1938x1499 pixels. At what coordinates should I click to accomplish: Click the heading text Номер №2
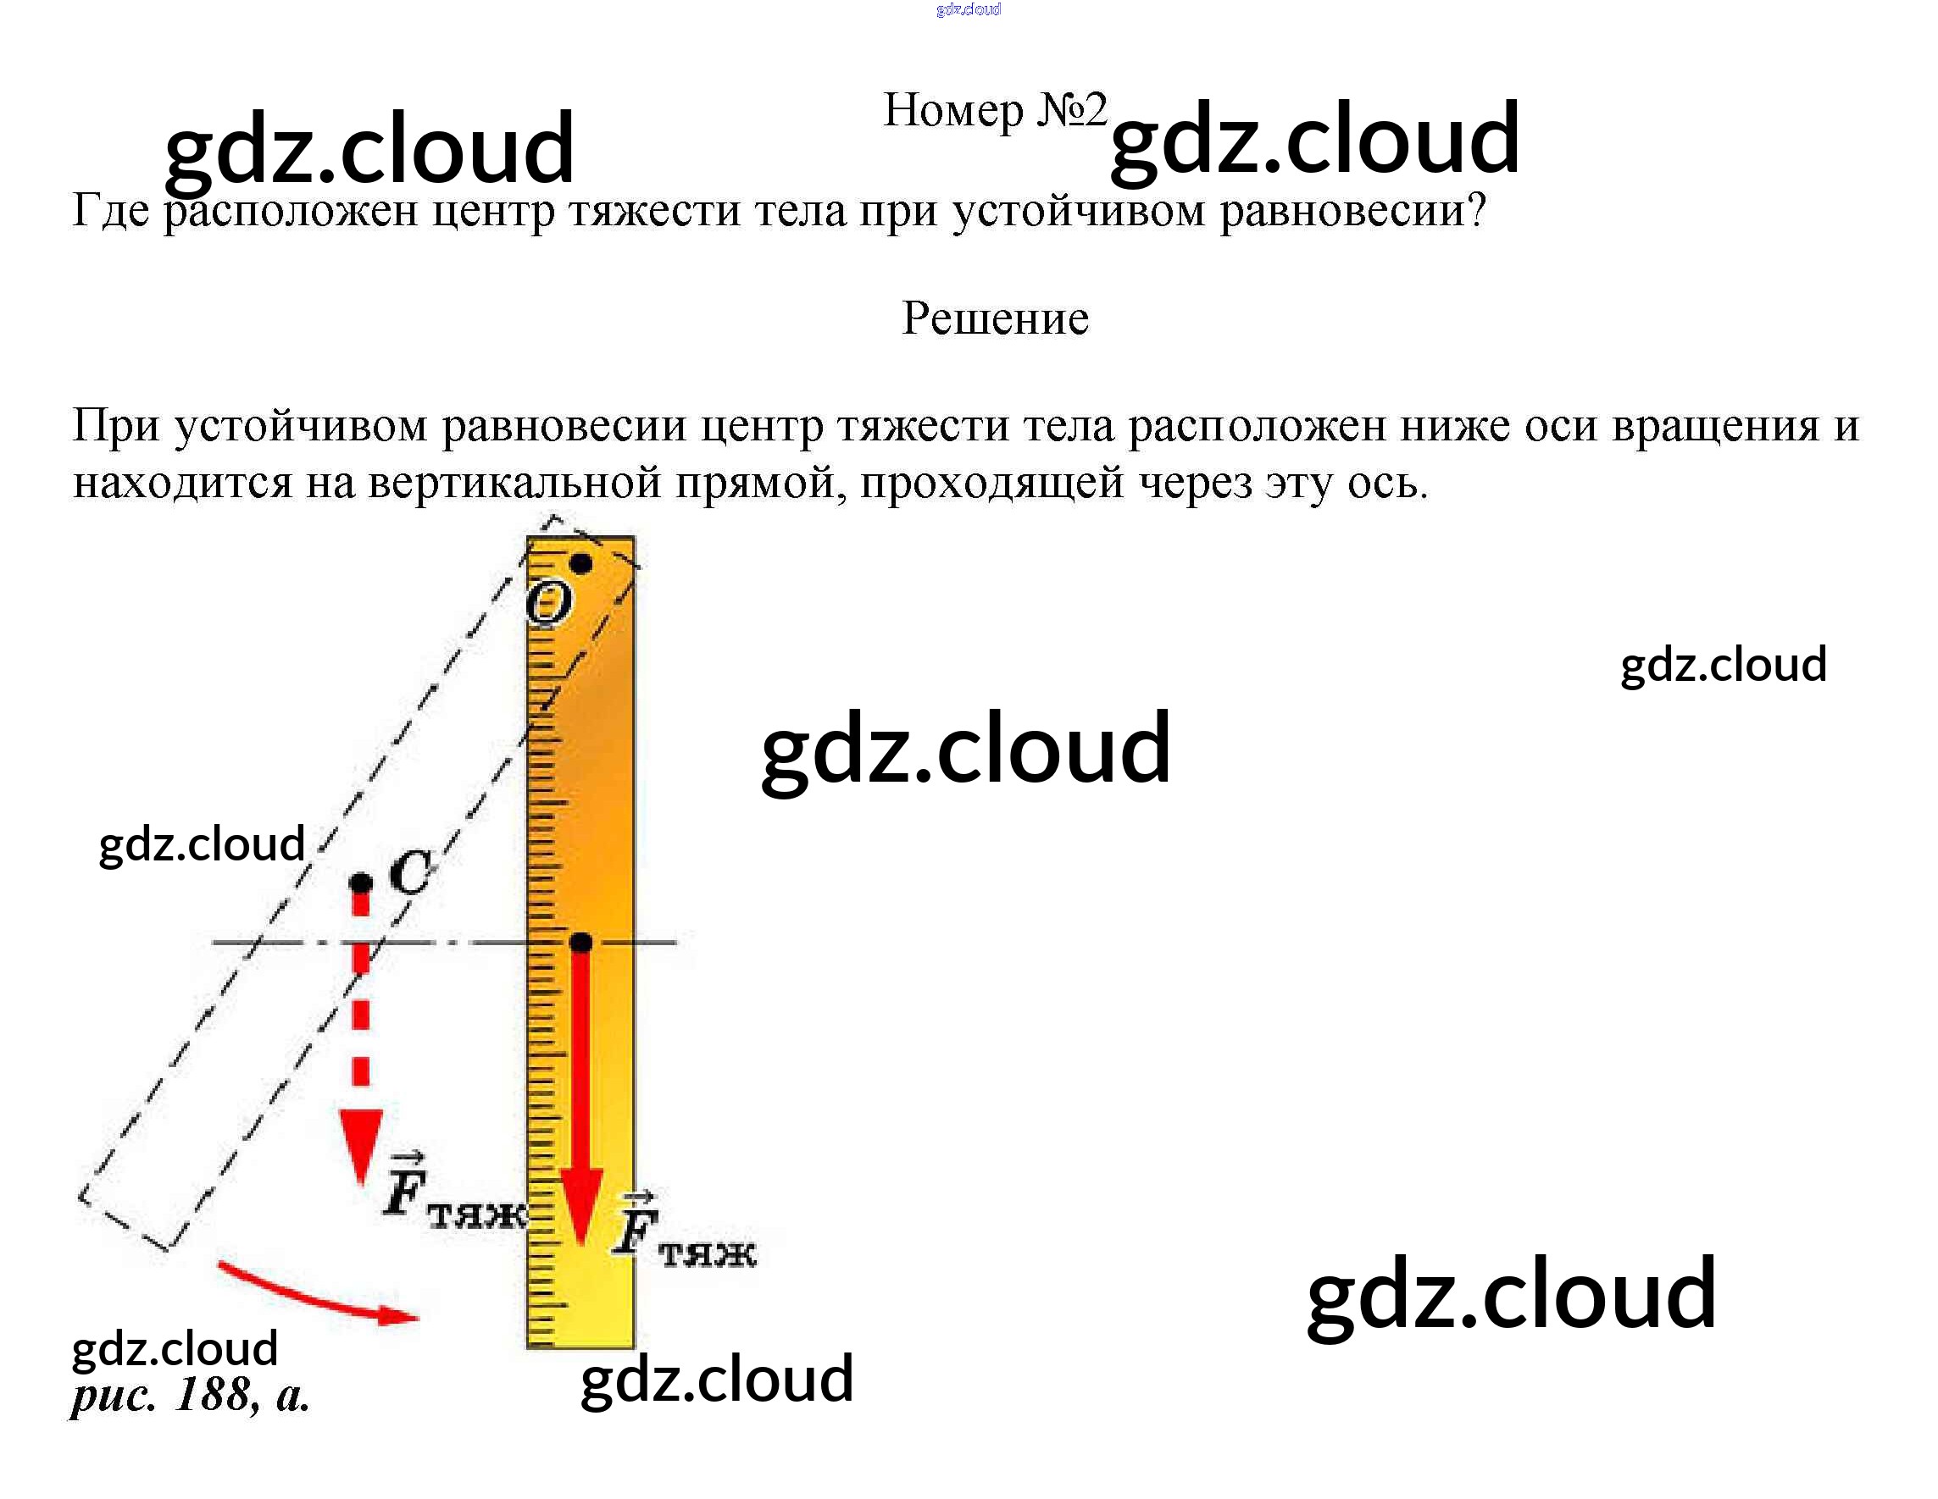(995, 112)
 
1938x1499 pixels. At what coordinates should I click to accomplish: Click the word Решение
(995, 318)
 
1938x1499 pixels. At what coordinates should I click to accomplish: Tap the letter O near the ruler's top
(547, 606)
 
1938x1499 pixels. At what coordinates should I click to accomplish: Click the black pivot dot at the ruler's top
(581, 563)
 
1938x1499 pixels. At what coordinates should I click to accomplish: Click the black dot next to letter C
(361, 883)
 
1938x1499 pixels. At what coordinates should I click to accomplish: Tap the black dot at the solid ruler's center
(581, 942)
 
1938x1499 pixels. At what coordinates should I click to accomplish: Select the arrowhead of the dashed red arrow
(361, 1144)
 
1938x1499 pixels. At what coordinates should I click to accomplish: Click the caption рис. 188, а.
(190, 1395)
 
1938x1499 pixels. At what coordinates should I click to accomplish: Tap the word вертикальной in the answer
(514, 484)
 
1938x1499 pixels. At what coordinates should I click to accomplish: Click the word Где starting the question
(111, 212)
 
